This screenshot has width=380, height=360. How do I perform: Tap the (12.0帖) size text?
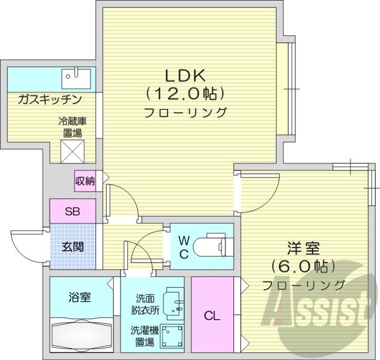pos(185,94)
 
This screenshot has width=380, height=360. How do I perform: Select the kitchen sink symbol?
pos(76,78)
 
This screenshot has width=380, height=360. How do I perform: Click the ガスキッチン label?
pos(49,100)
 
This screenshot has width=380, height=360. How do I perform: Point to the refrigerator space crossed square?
pos(73,151)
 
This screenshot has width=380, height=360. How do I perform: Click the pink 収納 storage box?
pos(85,181)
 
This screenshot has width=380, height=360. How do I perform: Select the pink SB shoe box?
pos(73,211)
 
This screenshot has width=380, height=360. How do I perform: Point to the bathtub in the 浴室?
pos(82,335)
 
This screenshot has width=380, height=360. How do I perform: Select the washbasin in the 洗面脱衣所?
pos(173,302)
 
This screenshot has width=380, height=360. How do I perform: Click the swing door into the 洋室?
pos(259,193)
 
